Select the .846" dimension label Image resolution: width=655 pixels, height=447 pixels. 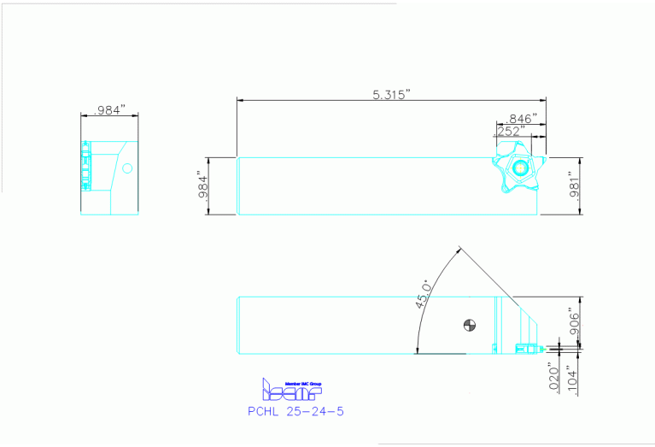[x=521, y=118]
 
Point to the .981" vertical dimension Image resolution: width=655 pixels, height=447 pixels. [x=575, y=185]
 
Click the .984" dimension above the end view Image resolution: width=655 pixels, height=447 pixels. [x=109, y=109]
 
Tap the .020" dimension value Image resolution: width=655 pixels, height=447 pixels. [x=554, y=377]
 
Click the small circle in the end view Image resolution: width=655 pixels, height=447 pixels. [x=127, y=168]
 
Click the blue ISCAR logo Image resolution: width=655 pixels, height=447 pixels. [x=290, y=391]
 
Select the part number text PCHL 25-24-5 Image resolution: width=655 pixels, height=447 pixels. [x=295, y=411]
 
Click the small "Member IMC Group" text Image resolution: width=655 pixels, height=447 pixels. [x=295, y=382]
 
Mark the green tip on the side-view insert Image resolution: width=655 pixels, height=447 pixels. [x=540, y=348]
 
